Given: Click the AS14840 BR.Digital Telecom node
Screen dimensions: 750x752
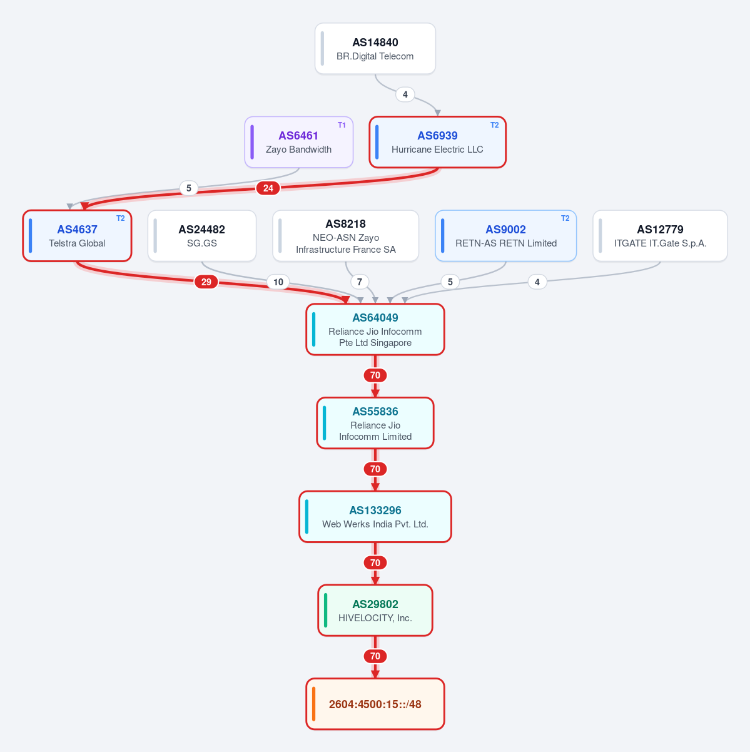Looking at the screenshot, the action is (375, 48).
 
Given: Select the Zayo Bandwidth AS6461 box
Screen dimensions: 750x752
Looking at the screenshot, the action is (299, 142).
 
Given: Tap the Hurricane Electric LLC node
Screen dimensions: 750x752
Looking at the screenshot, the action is (437, 142).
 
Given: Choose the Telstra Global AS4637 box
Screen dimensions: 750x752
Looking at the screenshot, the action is (78, 236).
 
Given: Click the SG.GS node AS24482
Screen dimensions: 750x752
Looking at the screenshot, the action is (202, 236).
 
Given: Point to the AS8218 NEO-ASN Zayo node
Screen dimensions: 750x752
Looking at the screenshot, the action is (346, 236).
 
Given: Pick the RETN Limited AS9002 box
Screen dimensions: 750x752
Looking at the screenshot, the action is (505, 236).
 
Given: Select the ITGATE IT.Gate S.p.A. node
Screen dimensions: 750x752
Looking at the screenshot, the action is (661, 236).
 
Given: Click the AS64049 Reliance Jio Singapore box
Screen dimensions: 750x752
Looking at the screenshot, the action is (375, 329).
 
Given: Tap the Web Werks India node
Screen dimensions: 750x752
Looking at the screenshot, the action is (375, 517).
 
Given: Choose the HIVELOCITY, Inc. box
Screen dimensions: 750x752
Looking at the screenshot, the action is (375, 611).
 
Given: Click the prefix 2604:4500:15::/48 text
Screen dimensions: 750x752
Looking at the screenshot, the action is (375, 704).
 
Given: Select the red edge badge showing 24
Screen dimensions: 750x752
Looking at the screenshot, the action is (268, 188).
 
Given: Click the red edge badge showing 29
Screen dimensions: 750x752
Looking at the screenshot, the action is (206, 282).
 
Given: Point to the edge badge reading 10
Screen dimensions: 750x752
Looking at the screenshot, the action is (278, 282).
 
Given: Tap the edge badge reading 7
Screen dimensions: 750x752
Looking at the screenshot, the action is (360, 282).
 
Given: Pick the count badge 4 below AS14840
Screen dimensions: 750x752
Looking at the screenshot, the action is (405, 94).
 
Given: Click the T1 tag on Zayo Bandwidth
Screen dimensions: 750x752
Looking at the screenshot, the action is (342, 125).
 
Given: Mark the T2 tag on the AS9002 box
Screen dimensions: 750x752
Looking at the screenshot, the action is (565, 218).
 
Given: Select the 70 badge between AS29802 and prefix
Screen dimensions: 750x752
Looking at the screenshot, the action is (375, 656).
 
